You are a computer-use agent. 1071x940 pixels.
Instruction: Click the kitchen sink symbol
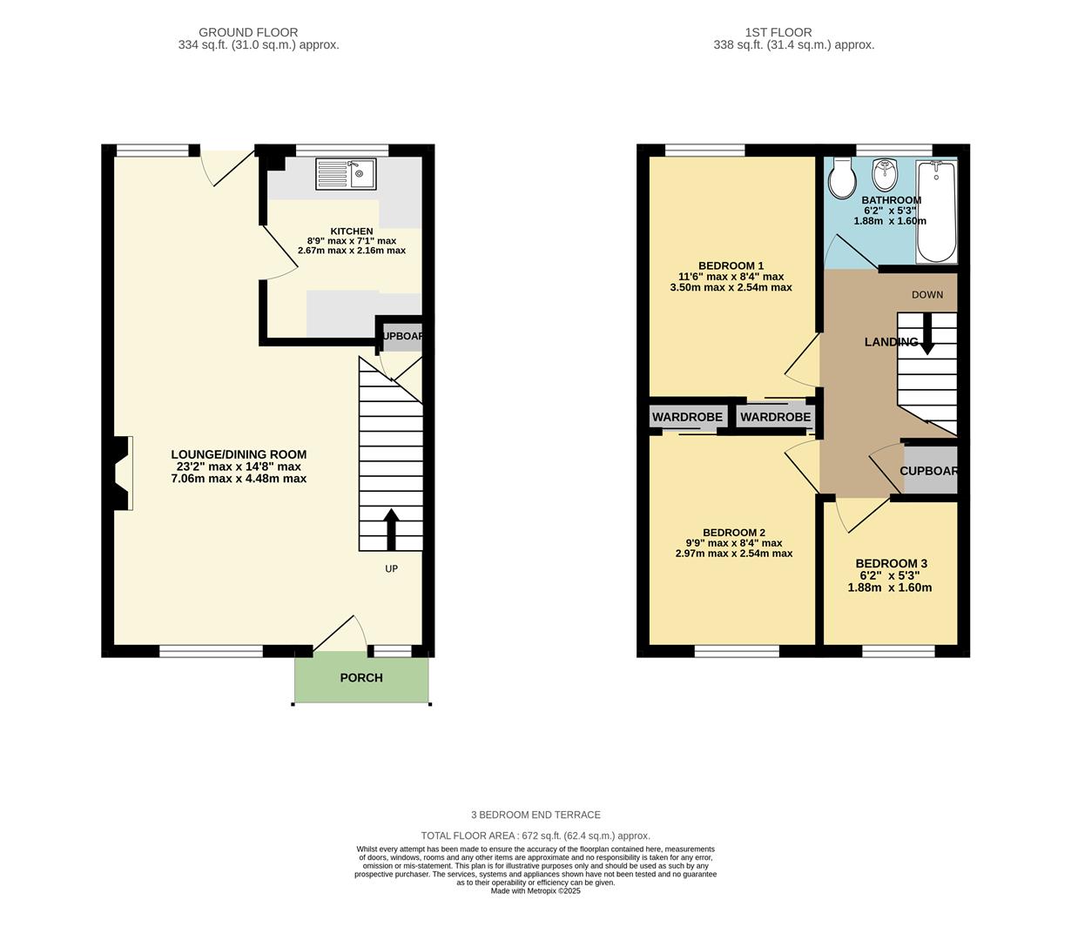(x=346, y=174)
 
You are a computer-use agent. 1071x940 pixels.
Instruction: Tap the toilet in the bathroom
(x=842, y=178)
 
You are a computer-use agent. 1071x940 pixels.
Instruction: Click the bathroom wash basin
(x=886, y=175)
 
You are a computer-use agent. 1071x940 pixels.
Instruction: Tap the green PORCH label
(x=361, y=678)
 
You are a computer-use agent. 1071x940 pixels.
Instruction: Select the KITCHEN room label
(x=352, y=232)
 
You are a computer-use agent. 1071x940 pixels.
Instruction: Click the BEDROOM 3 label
(x=891, y=564)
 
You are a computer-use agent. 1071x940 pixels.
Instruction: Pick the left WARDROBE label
(x=687, y=418)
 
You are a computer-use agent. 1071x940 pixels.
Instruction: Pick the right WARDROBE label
(x=776, y=418)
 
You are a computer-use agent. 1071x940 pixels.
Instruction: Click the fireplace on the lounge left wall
(x=121, y=473)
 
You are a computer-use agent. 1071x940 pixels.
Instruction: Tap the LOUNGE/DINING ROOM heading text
(x=239, y=454)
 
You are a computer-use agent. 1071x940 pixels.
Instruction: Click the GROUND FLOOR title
(x=248, y=32)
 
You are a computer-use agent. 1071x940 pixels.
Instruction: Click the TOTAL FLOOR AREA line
(x=535, y=836)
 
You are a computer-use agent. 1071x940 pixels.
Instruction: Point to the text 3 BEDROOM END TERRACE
(x=535, y=816)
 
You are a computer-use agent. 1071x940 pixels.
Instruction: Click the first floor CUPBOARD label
(x=929, y=471)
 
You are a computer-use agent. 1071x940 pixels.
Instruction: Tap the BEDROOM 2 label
(x=734, y=533)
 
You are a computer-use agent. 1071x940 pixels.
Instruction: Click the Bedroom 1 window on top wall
(x=704, y=150)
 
